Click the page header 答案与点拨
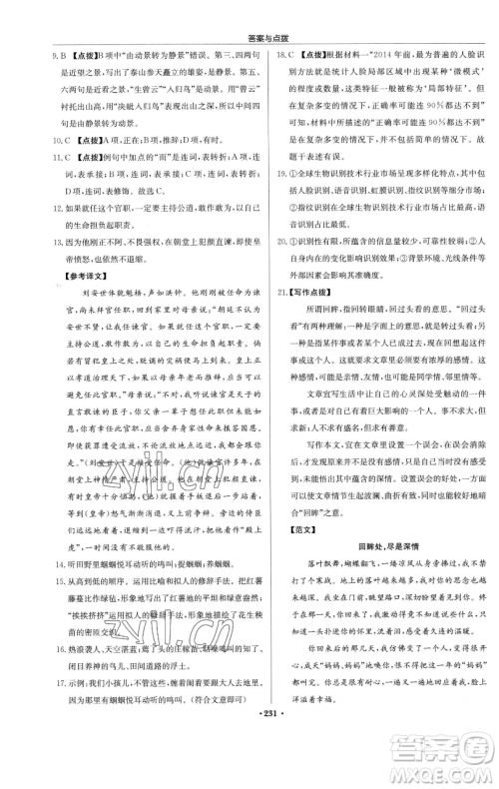pos(249,10)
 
